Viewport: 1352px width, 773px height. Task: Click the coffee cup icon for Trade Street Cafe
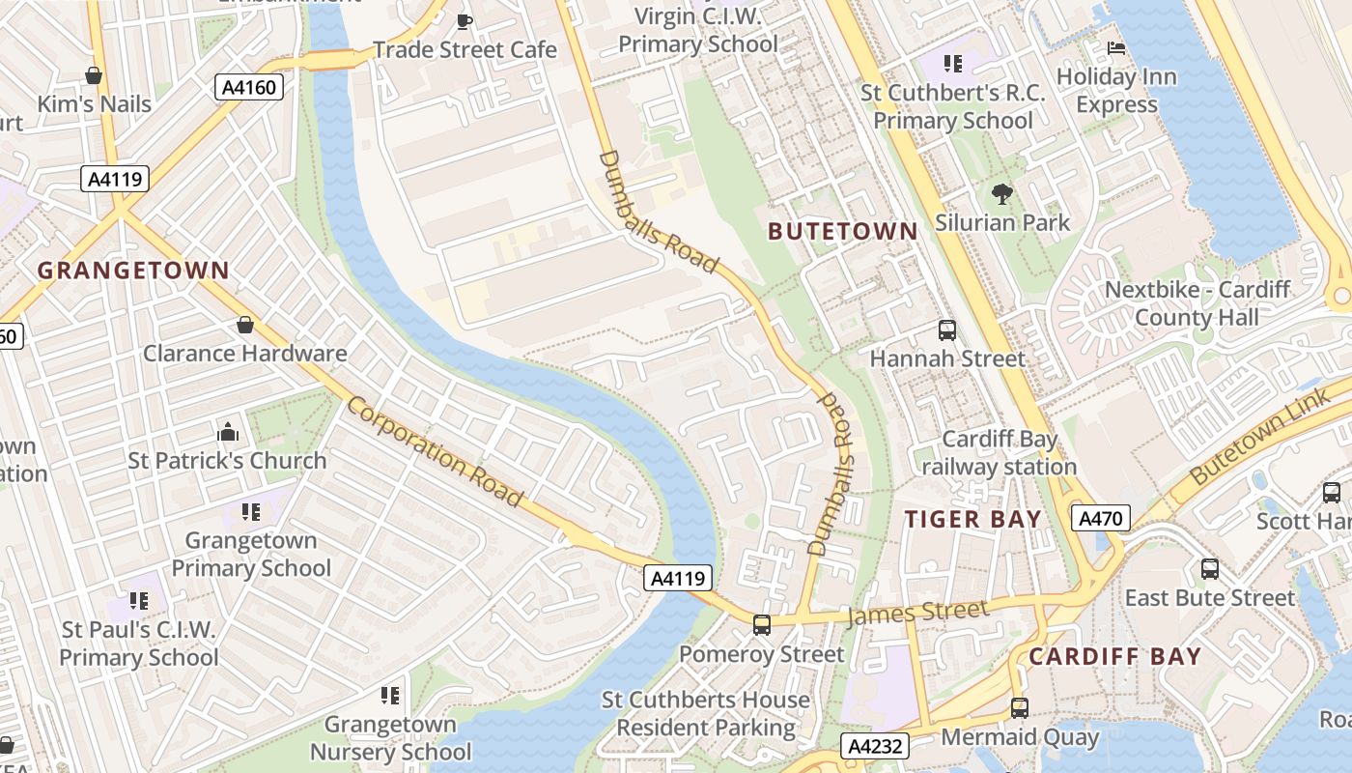tap(465, 20)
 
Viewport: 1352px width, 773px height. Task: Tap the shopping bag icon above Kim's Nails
tap(94, 75)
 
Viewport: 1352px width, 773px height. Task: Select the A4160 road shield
tap(248, 88)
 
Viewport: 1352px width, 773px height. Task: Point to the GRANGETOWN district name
tap(133, 271)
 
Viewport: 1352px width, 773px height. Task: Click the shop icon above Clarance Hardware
tap(245, 325)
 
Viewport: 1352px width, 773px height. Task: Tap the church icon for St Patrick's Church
tap(228, 432)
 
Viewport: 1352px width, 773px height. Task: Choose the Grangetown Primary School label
tap(251, 555)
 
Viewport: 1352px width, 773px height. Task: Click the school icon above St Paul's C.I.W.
tap(139, 601)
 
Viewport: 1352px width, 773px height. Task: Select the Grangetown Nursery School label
tap(390, 737)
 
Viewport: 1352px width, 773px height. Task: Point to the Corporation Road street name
tap(435, 451)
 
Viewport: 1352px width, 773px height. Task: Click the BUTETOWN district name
tap(842, 231)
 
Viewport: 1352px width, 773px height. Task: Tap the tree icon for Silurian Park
tap(1002, 194)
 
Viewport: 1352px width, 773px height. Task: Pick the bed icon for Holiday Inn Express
tap(1116, 47)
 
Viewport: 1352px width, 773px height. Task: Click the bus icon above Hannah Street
tap(946, 330)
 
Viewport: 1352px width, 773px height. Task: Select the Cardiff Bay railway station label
tap(999, 453)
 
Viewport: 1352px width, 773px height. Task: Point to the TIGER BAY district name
tap(972, 519)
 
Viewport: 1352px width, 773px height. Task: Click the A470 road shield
tap(1100, 519)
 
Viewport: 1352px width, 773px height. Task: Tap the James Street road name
tap(917, 613)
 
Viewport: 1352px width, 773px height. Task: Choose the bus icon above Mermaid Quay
tap(1019, 708)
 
